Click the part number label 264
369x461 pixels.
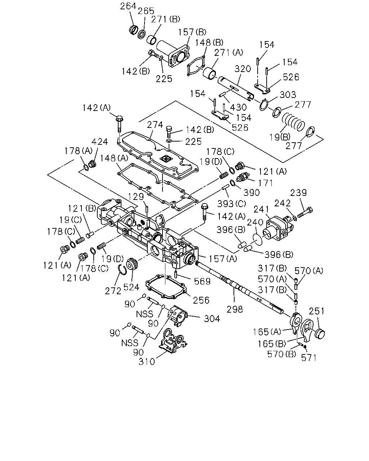(128, 6)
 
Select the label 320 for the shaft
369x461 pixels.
(243, 69)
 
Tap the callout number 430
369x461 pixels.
(238, 107)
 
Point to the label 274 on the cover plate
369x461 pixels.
(155, 125)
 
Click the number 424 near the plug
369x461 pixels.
(99, 142)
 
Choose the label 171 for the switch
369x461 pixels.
(266, 183)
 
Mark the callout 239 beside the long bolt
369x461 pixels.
(298, 193)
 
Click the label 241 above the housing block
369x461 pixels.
(261, 209)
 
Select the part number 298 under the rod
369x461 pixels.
(235, 309)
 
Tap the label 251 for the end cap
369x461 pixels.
(317, 311)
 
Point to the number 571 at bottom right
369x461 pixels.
(309, 358)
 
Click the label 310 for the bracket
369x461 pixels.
(147, 362)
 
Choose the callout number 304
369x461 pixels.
(212, 319)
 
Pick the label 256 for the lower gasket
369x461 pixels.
(201, 300)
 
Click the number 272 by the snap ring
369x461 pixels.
(113, 291)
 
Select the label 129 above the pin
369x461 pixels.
(136, 196)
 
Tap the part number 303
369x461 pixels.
(288, 94)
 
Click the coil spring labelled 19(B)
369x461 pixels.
(293, 122)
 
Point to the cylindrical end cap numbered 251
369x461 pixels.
(320, 334)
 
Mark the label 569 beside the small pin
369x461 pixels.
(202, 281)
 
